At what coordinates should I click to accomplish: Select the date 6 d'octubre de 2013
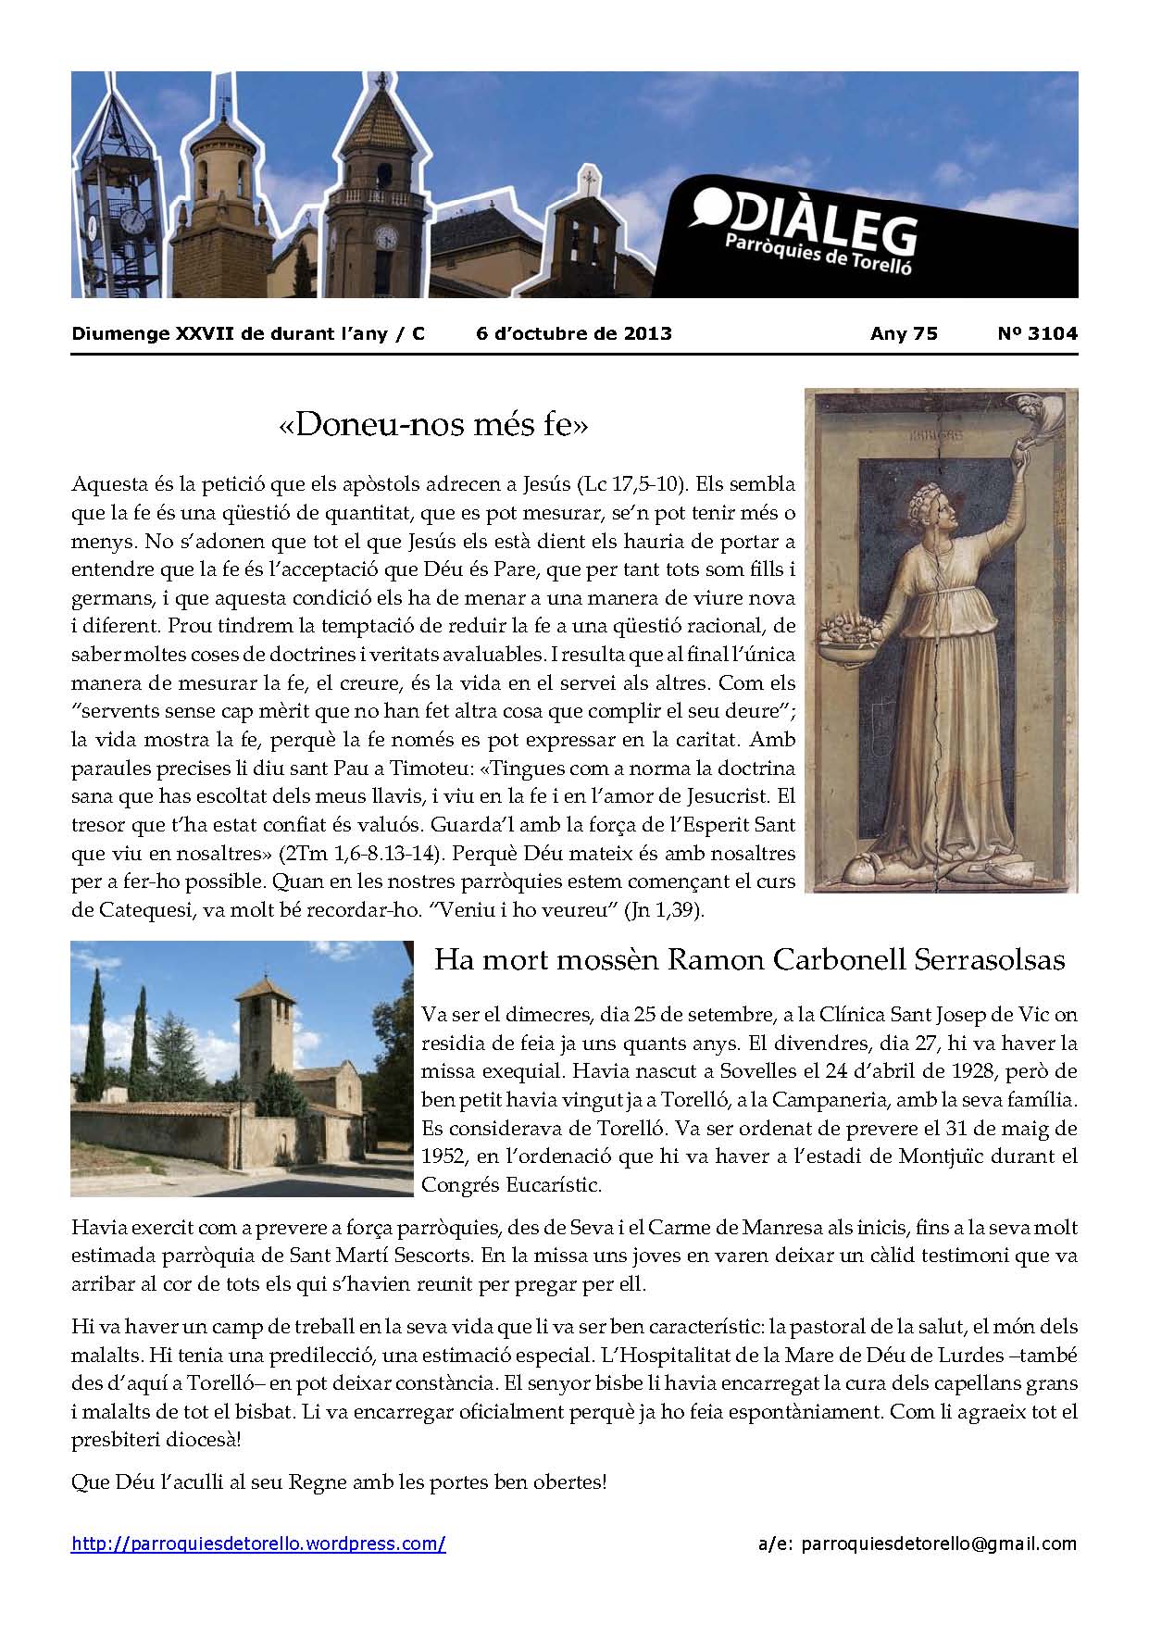pyautogui.click(x=574, y=334)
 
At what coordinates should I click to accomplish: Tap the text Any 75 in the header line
pyautogui.click(x=904, y=334)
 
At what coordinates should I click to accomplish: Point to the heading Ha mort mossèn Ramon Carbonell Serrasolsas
pyautogui.click(x=749, y=959)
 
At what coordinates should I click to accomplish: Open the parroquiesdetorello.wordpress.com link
pyautogui.click(x=258, y=1544)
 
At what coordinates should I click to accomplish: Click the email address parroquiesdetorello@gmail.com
pyautogui.click(x=939, y=1544)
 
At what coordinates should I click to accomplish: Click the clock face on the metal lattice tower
pyautogui.click(x=132, y=220)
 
